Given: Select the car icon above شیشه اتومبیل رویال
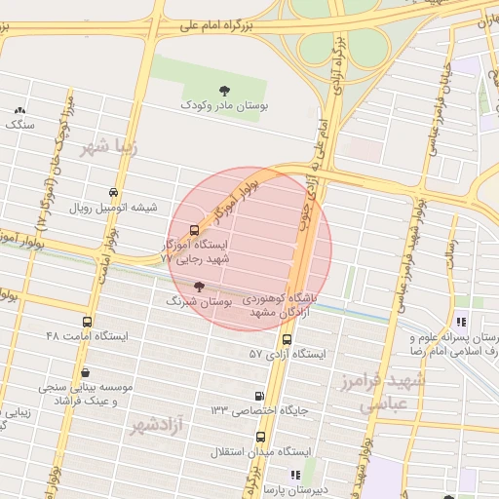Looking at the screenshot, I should pyautogui.click(x=115, y=193).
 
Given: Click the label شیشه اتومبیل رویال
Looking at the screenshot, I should pyautogui.click(x=108, y=208).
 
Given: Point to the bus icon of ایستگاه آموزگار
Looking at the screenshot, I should pyautogui.click(x=193, y=231).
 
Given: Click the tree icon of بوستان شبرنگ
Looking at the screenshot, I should pyautogui.click(x=200, y=287).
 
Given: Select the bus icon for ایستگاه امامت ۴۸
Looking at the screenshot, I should pyautogui.click(x=88, y=323).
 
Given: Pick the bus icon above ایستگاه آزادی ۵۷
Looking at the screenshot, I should pyautogui.click(x=287, y=340).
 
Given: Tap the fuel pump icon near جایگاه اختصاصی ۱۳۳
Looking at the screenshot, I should pyautogui.click(x=258, y=397).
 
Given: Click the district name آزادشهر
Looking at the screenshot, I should pyautogui.click(x=158, y=425).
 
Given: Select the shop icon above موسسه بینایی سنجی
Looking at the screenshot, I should pyautogui.click(x=86, y=372).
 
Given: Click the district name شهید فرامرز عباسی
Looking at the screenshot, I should pyautogui.click(x=394, y=392).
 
